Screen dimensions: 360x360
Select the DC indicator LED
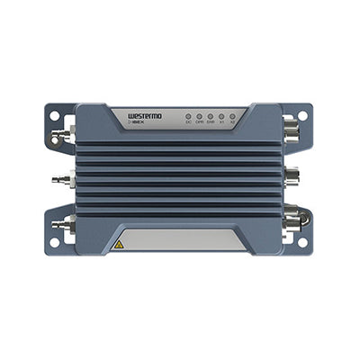(x=187, y=117)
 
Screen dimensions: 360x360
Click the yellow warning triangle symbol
(x=118, y=244)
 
